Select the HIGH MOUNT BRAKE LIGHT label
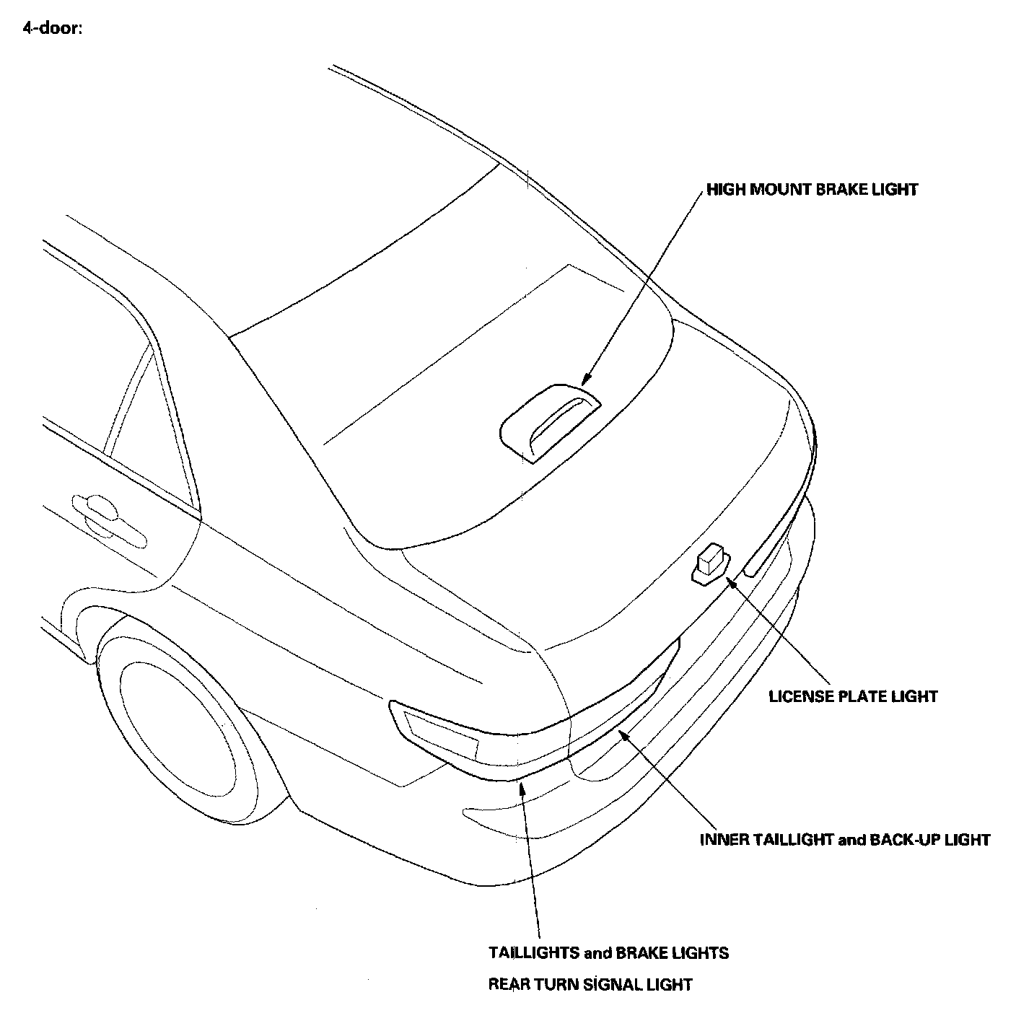812,190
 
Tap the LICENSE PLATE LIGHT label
853,696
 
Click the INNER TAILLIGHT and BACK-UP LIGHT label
845,840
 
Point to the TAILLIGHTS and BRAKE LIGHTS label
608,953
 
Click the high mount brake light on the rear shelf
551,422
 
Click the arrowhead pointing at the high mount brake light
585,380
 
